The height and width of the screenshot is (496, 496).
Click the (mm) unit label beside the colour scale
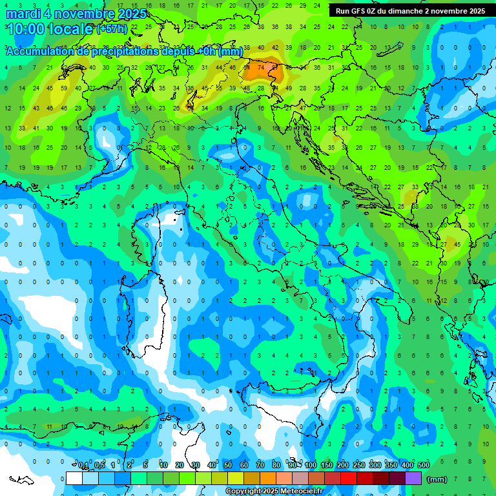(x=437, y=479)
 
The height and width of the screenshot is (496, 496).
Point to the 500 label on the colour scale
(x=424, y=466)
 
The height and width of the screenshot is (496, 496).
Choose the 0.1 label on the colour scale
(x=83, y=466)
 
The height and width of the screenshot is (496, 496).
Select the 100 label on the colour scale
(x=311, y=466)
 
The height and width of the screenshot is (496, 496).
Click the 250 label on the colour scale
(x=359, y=466)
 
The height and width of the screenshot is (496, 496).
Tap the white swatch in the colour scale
(x=74, y=479)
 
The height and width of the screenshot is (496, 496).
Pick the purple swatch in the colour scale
(x=413, y=479)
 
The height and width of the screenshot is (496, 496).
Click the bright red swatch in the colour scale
(x=349, y=479)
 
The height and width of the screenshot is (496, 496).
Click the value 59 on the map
(x=64, y=88)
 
